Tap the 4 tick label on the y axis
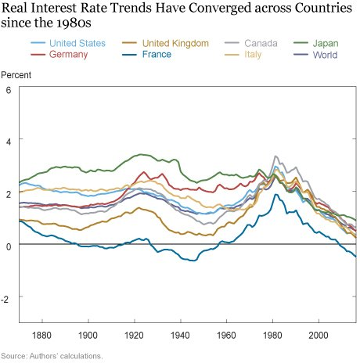click(9, 141)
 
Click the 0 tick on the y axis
click(9, 246)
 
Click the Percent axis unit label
click(16, 77)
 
